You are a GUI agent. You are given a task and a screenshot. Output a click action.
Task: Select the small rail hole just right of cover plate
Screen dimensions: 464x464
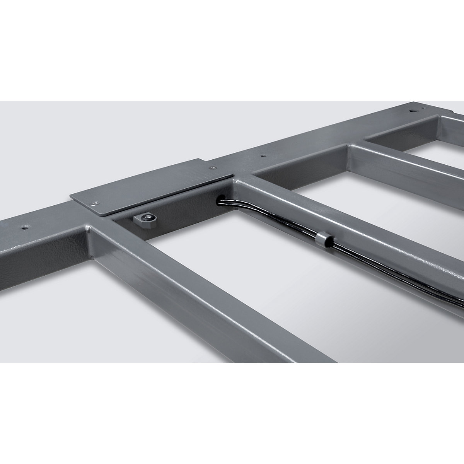264,156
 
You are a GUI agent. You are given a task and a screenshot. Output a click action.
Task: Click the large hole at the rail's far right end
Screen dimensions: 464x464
414,111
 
